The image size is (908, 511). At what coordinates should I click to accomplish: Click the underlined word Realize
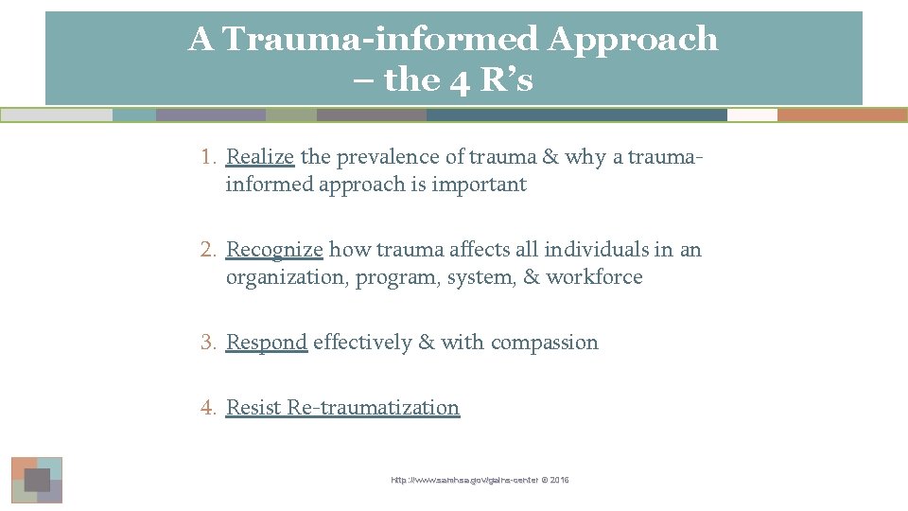pos(260,157)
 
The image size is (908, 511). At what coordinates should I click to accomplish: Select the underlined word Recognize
pos(274,250)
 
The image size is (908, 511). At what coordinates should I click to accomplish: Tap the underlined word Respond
pos(267,343)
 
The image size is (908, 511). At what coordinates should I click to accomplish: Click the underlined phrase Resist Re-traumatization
pos(342,408)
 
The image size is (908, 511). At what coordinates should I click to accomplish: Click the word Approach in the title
pos(633,40)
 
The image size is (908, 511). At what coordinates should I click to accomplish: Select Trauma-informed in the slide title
pos(379,40)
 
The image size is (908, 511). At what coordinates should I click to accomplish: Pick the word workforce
pos(594,277)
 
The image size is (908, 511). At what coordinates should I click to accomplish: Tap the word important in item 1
pos(479,185)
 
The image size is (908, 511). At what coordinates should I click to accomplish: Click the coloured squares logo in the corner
pos(37,480)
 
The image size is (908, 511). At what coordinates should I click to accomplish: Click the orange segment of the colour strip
pos(842,115)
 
